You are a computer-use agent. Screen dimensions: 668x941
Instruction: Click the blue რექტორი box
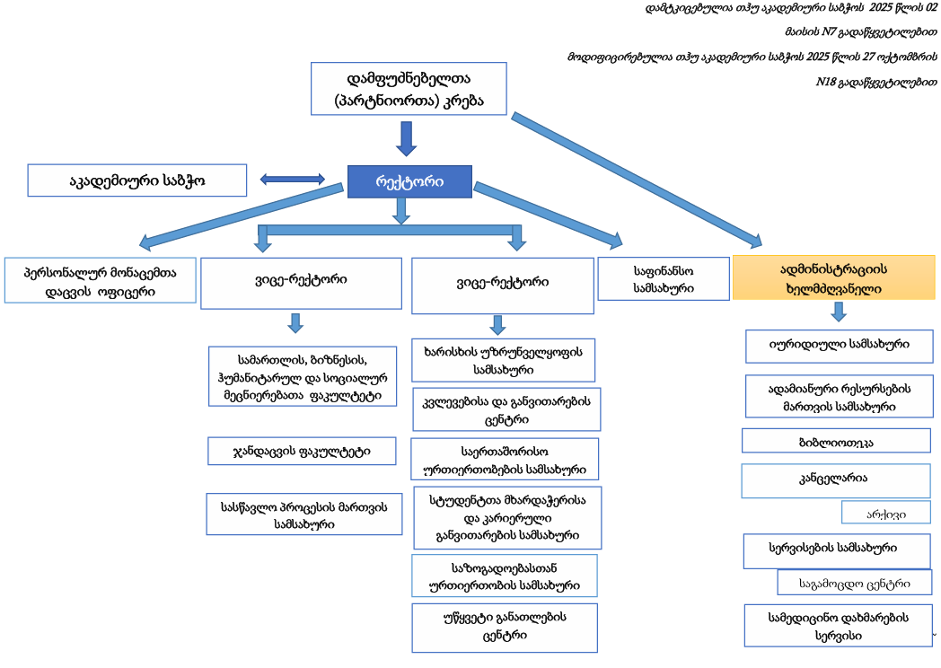[409, 181]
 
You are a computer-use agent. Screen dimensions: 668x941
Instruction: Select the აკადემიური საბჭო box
[137, 180]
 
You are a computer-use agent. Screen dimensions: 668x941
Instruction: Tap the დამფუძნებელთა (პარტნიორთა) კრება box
[408, 89]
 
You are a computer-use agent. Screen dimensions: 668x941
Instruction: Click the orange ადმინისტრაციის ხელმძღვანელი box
[834, 277]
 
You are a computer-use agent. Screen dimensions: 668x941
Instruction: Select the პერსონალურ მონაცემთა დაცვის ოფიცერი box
[100, 280]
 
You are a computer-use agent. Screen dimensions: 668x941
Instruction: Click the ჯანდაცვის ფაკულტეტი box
[302, 451]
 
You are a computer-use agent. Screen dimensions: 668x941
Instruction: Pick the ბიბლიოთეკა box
[836, 441]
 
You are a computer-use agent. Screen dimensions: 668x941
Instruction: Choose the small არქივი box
[885, 513]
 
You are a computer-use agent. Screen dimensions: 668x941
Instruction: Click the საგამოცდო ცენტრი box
[854, 583]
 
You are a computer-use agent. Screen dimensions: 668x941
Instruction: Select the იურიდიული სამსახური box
[840, 345]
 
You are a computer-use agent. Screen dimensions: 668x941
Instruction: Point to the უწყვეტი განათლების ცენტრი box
[504, 627]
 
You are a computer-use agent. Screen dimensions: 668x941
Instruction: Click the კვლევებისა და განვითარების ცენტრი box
[506, 410]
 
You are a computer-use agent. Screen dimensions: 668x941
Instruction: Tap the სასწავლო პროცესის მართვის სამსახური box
[304, 514]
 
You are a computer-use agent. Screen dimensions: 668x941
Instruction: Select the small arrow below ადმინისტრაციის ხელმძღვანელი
[839, 311]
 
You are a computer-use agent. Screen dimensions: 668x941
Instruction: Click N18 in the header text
[825, 82]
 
